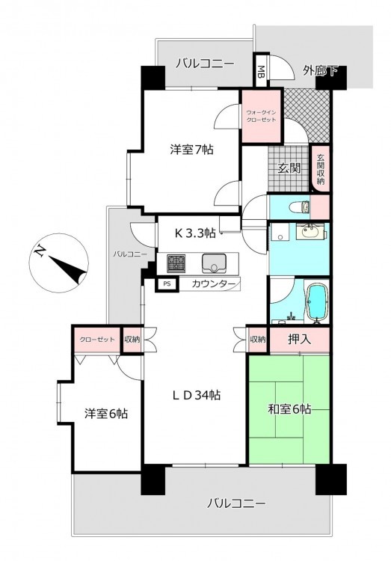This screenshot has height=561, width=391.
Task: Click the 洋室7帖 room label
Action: (x=191, y=149)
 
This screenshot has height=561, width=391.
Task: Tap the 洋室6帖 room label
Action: (x=106, y=414)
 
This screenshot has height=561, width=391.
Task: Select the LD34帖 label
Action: (x=197, y=395)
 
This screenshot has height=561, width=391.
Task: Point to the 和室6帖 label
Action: (x=289, y=409)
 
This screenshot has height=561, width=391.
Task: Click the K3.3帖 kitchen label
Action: (x=195, y=233)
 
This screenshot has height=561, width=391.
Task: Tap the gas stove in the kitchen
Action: (x=176, y=263)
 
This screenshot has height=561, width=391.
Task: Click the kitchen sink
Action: (x=214, y=263)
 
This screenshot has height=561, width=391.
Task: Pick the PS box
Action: (x=167, y=284)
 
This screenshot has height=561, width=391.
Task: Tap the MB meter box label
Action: (x=261, y=70)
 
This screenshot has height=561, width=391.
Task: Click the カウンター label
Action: (x=214, y=284)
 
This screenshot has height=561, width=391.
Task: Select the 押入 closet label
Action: (x=300, y=340)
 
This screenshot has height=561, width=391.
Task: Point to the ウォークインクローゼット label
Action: (x=261, y=116)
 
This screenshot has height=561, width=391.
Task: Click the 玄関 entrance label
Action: (x=289, y=168)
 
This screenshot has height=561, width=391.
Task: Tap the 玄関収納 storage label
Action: (x=321, y=169)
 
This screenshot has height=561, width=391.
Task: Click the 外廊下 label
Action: (x=320, y=71)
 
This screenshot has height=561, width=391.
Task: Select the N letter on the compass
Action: (x=39, y=251)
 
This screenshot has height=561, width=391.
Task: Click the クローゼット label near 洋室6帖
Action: (x=97, y=339)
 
